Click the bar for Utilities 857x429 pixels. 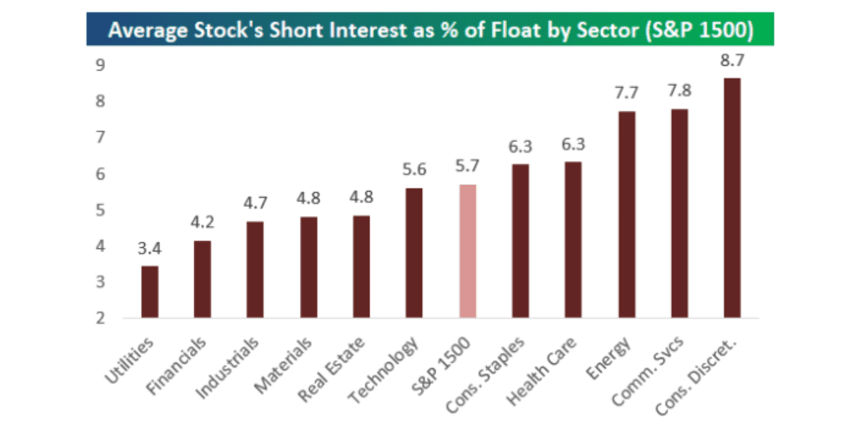tap(150, 292)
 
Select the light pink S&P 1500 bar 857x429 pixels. tap(467, 251)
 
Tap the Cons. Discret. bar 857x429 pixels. tap(732, 198)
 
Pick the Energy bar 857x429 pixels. tap(627, 214)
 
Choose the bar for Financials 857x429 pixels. tap(202, 279)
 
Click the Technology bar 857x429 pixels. tap(414, 253)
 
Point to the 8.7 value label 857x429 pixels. tap(732, 60)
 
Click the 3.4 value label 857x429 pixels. tap(150, 249)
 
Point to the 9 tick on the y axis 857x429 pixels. tap(100, 66)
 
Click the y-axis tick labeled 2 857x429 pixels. tap(100, 318)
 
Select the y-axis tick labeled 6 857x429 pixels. tap(100, 174)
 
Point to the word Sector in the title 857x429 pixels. tap(615, 32)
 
